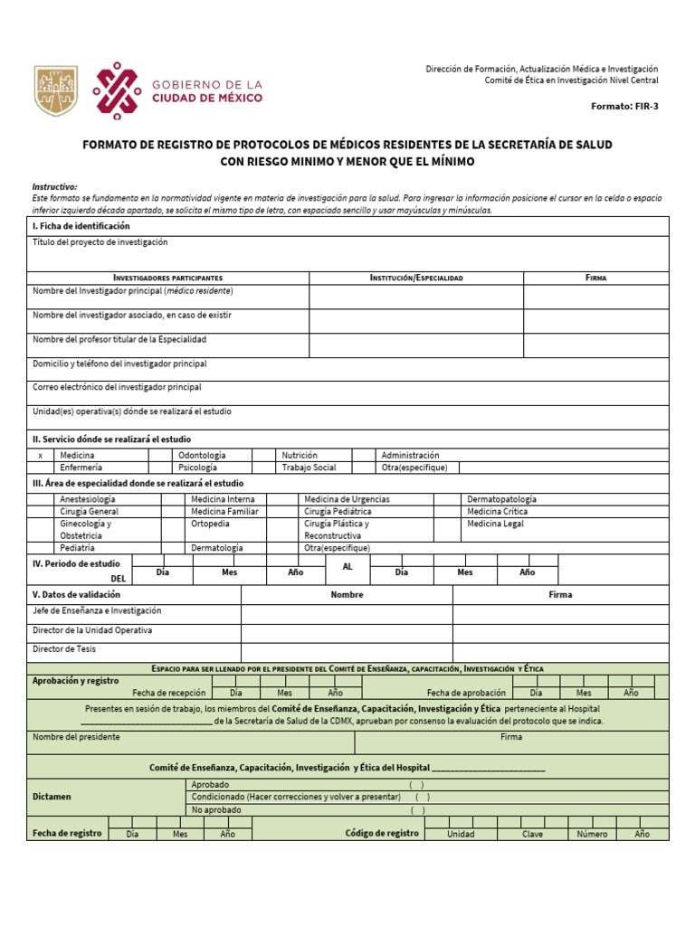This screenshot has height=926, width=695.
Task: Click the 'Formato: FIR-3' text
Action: [x=624, y=106]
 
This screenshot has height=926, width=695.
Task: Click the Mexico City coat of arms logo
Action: [x=56, y=90]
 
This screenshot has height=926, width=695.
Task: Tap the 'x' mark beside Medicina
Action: [x=40, y=455]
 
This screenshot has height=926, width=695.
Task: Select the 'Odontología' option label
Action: [x=202, y=455]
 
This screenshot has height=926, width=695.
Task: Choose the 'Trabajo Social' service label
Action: [x=309, y=468]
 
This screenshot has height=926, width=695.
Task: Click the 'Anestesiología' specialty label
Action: [x=87, y=499]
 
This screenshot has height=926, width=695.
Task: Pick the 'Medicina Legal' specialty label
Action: [x=495, y=524]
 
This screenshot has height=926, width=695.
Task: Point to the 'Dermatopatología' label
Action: [x=501, y=499]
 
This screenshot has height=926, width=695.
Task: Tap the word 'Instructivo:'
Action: [x=55, y=185]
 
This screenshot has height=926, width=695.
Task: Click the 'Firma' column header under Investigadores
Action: [x=595, y=278]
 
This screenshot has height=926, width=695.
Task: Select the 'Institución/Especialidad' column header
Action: [x=415, y=278]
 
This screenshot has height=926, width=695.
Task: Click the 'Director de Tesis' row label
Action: [x=64, y=648]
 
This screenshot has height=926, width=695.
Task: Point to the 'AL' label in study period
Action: [x=347, y=565]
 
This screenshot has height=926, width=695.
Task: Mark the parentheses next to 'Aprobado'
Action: [x=416, y=784]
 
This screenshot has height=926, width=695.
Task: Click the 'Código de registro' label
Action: [x=382, y=833]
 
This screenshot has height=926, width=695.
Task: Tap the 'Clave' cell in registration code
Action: [x=532, y=834]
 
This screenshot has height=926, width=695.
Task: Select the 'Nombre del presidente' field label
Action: [x=76, y=737]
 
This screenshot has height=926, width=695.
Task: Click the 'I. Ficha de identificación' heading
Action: [x=81, y=225]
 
